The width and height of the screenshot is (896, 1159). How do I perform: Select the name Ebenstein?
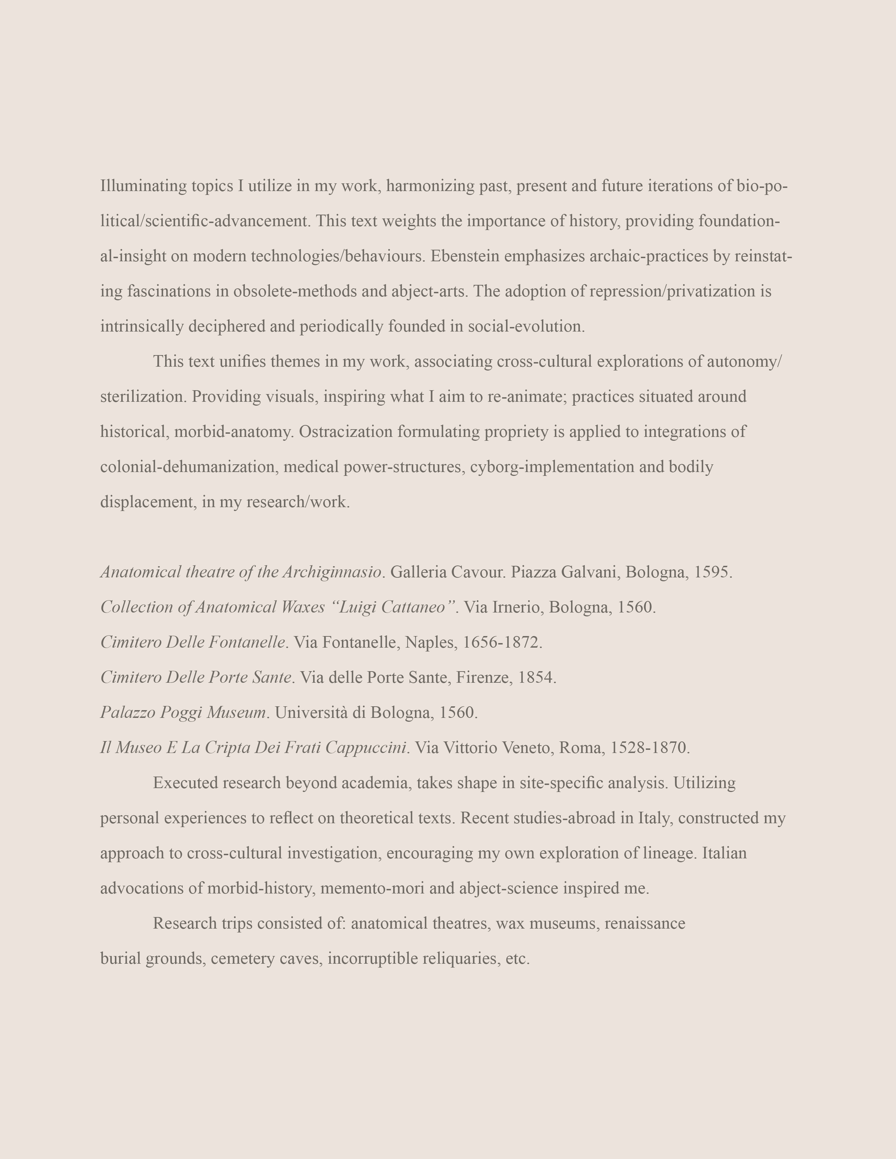(465, 256)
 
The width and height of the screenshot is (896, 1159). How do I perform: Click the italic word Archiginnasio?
(332, 572)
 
